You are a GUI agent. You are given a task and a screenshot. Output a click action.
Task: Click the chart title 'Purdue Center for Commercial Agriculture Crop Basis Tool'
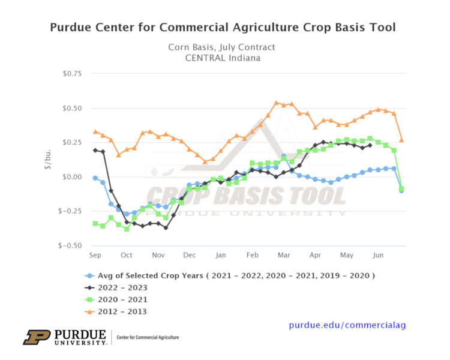tap(223, 28)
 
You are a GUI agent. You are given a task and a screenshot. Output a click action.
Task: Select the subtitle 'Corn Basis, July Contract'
tap(222, 46)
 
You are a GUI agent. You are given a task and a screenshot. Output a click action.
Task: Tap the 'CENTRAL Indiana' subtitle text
tap(222, 58)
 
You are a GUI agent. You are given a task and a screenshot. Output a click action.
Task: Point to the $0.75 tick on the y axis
tap(70, 74)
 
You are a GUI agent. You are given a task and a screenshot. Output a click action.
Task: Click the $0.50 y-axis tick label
tap(70, 108)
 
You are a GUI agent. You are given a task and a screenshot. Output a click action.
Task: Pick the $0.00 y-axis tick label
tap(70, 176)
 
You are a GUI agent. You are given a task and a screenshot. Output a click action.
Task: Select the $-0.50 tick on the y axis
tap(69, 245)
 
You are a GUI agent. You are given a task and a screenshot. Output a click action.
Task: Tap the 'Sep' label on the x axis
tap(95, 255)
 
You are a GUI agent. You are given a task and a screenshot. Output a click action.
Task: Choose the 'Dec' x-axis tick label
tap(190, 255)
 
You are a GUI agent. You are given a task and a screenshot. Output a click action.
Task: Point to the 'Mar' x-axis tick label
tap(283, 255)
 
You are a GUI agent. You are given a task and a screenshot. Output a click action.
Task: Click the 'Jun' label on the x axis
tap(378, 255)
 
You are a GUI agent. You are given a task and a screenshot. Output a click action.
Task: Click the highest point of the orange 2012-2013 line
tap(276, 103)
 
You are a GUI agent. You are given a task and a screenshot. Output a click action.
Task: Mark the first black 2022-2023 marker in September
tap(95, 150)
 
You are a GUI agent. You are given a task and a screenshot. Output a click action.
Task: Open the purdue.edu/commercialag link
tap(347, 325)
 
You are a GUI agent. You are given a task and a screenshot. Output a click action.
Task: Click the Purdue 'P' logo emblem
tap(37, 337)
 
